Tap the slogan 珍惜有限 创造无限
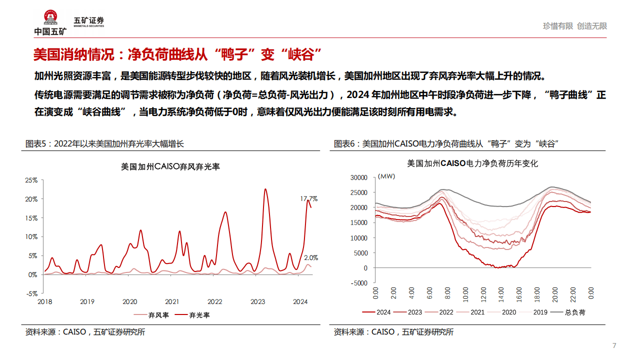tap(575, 26)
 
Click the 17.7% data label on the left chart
tap(308, 198)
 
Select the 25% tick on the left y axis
tap(31, 180)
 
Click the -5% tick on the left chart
tap(31, 293)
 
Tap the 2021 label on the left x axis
tap(172, 302)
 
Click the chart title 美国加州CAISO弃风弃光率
tap(170, 167)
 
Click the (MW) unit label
tap(386, 176)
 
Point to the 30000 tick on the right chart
tap(358, 177)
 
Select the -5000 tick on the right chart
tap(358, 283)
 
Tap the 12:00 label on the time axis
tap(483, 293)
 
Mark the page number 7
tap(614, 345)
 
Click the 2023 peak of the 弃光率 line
tap(265, 189)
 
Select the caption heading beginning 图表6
tap(446, 144)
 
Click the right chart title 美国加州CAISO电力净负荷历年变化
tap(472, 163)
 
